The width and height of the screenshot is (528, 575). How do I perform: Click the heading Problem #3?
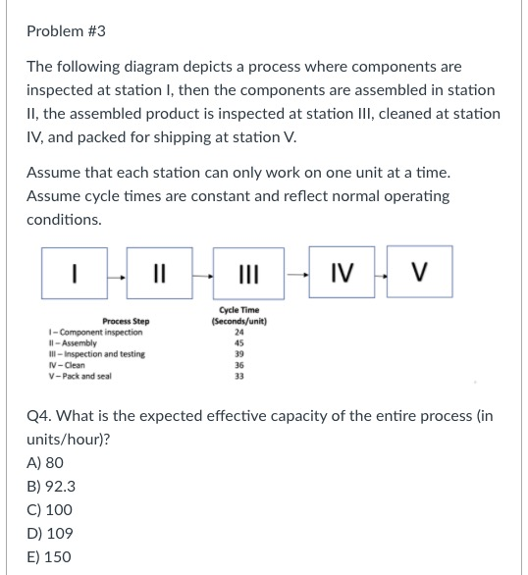pyautogui.click(x=66, y=31)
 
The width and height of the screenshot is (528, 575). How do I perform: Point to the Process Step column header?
pyautogui.click(x=126, y=321)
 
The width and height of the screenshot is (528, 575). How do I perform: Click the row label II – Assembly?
pyautogui.click(x=72, y=342)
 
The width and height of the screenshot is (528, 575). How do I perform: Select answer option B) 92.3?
pyautogui.click(x=51, y=486)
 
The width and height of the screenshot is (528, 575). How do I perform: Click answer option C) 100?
pyautogui.click(x=49, y=509)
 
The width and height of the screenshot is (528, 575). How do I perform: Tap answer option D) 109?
pyautogui.click(x=49, y=533)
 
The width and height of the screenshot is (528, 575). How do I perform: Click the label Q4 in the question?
pyautogui.click(x=40, y=415)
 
